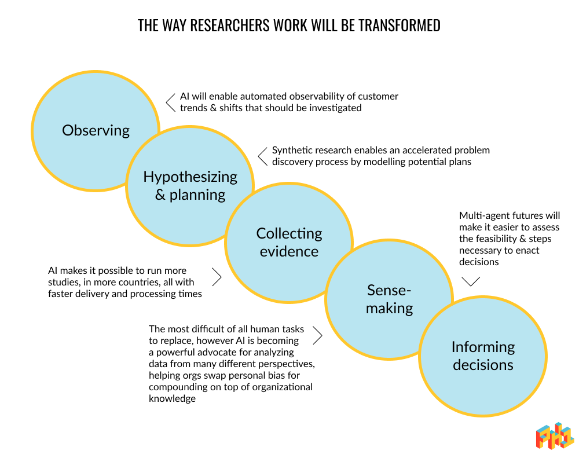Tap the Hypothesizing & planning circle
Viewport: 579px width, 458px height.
coord(190,185)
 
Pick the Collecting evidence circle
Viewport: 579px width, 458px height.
coord(289,242)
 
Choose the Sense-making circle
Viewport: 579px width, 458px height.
coord(389,299)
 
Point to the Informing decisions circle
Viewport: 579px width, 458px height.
coord(482,356)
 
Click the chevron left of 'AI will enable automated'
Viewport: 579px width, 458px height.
coord(170,102)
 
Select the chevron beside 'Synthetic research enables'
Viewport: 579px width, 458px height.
coord(262,156)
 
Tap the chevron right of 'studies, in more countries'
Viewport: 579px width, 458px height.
coord(217,277)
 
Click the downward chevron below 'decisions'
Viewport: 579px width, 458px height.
coord(471,281)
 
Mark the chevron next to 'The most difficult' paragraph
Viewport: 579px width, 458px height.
coord(317,335)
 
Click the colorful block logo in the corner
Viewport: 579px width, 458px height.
coord(554,435)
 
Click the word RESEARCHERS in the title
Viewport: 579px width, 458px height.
coord(223,26)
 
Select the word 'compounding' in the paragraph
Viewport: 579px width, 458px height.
coord(177,387)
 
